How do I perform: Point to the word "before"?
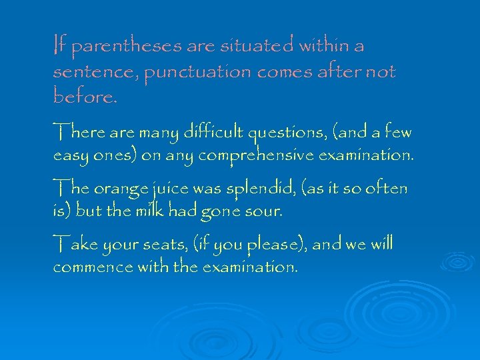tap(83, 97)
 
